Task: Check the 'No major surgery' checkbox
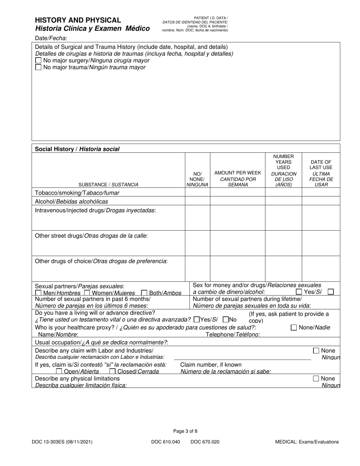point(38,61)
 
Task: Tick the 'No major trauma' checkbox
point(38,67)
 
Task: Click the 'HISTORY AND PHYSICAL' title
point(78,20)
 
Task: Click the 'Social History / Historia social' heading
point(77,149)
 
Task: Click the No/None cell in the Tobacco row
point(197,192)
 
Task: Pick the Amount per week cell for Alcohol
point(238,201)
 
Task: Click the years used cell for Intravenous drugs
point(283,217)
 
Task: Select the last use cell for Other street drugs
point(321,243)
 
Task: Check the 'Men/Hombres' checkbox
point(38,293)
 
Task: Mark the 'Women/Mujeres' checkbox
point(87,293)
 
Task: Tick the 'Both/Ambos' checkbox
point(144,293)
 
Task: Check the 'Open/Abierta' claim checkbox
point(59,371)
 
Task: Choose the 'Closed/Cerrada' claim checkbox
point(113,371)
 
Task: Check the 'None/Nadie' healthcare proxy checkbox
point(294,328)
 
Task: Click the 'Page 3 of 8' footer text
point(185,431)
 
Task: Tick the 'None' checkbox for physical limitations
point(316,378)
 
